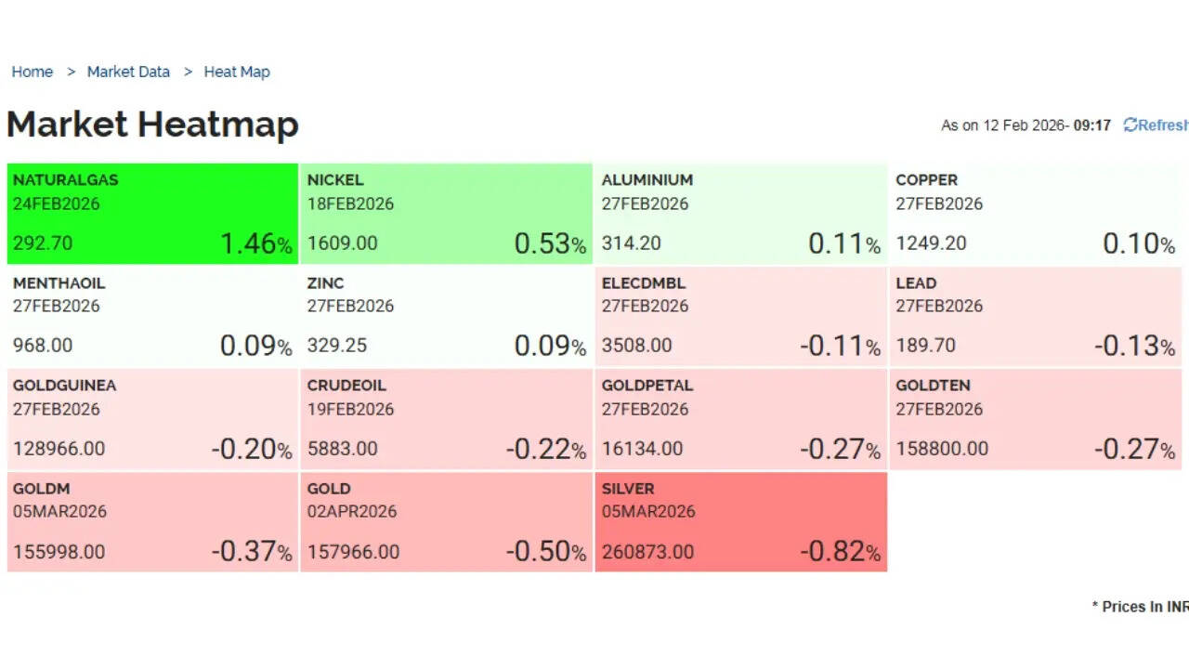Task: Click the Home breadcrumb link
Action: click(32, 72)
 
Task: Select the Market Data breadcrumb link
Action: click(128, 72)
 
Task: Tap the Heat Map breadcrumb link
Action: click(237, 72)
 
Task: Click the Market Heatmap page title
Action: click(152, 125)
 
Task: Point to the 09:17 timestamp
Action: click(1091, 125)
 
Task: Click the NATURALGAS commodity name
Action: click(65, 179)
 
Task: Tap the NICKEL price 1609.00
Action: click(342, 243)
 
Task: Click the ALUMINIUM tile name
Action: click(647, 179)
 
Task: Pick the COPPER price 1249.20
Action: click(931, 243)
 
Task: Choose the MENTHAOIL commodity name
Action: click(59, 282)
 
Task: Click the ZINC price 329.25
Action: click(336, 346)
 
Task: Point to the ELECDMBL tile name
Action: click(643, 282)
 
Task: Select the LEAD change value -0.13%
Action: click(1133, 346)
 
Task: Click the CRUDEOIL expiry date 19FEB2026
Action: click(350, 409)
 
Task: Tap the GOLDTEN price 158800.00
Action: click(942, 449)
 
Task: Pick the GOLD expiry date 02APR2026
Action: click(351, 511)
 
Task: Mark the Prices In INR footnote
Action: click(1140, 607)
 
